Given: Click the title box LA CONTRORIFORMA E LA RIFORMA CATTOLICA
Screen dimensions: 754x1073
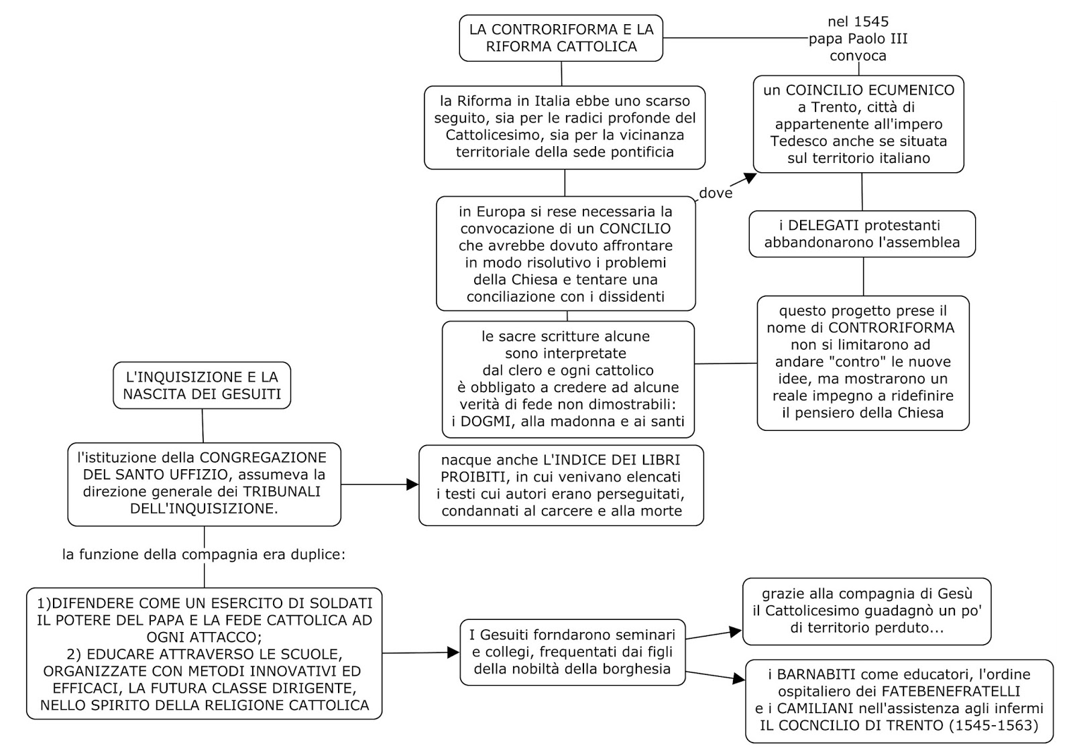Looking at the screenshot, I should (x=561, y=38).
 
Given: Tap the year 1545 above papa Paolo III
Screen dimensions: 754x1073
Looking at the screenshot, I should (x=872, y=22).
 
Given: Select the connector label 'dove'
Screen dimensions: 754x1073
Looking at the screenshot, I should (x=716, y=194).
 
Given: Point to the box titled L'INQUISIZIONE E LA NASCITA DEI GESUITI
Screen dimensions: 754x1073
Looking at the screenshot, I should (x=202, y=385).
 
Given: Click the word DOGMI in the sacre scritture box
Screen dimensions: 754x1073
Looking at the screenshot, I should (x=485, y=422).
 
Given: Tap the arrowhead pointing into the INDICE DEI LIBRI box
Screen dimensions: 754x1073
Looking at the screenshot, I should (x=412, y=485).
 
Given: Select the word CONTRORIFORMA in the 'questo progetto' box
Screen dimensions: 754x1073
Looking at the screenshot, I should (x=891, y=328).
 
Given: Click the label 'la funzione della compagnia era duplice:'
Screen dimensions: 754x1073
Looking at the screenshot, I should (x=204, y=555).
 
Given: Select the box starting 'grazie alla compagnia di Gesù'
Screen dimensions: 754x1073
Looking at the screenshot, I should (x=866, y=611).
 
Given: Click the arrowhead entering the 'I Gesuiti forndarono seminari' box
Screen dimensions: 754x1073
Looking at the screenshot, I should (x=453, y=652).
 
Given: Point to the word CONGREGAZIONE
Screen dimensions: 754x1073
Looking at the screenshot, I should (x=263, y=458).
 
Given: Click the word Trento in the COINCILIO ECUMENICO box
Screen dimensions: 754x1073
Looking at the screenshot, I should (x=832, y=107).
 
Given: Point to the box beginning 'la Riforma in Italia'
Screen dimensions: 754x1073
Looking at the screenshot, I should (x=564, y=127).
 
